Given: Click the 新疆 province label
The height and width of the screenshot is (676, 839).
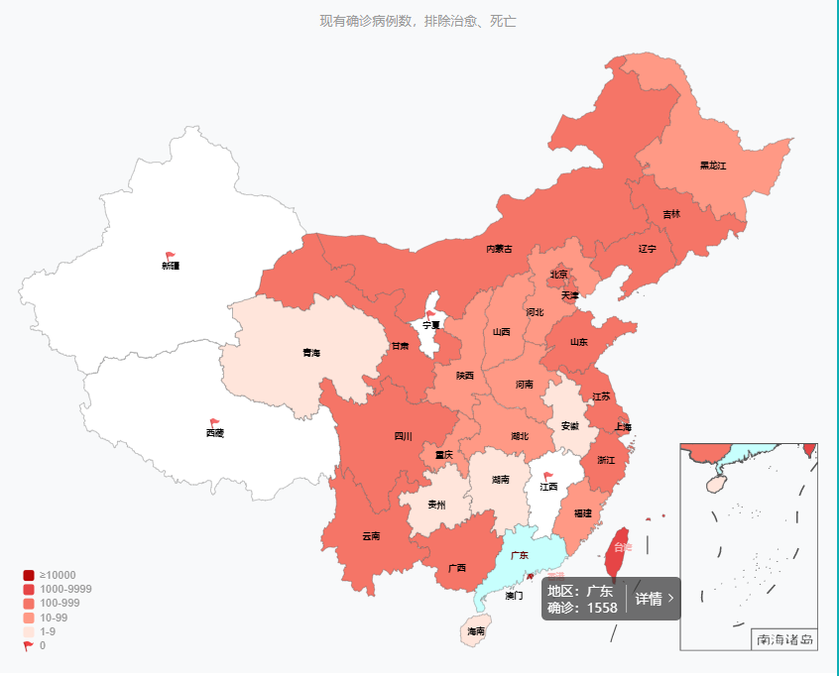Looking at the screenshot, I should (x=171, y=266).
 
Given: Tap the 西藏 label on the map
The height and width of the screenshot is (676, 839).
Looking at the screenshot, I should (x=215, y=433).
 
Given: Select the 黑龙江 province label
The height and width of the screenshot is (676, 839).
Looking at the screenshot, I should (x=712, y=166).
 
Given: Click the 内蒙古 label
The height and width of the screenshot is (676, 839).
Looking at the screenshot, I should (x=499, y=249).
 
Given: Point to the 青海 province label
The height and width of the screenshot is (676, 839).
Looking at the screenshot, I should (x=311, y=353).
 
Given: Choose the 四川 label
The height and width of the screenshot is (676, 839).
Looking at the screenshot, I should (x=403, y=435).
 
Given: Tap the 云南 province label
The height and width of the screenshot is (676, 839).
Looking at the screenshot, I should (x=370, y=536).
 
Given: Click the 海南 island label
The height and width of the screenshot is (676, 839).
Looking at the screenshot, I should (x=476, y=631).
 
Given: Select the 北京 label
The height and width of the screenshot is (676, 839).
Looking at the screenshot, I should (x=558, y=275).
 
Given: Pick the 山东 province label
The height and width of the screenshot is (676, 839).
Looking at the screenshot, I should (x=578, y=342).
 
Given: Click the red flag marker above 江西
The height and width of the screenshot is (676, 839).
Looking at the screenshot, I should (x=548, y=476).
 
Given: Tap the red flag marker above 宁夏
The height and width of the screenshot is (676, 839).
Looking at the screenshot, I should (x=430, y=314).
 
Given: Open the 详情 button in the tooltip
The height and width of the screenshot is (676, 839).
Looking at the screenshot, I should (x=655, y=599).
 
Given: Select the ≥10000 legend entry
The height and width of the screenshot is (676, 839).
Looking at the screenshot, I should (x=58, y=575).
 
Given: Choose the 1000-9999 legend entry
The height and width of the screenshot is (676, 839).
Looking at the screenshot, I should (x=65, y=589).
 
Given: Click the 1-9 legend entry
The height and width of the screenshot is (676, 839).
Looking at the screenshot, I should (x=48, y=631).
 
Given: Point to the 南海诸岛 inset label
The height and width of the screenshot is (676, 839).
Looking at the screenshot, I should (x=784, y=639).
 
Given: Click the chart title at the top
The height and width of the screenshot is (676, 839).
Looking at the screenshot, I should (x=418, y=21).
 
